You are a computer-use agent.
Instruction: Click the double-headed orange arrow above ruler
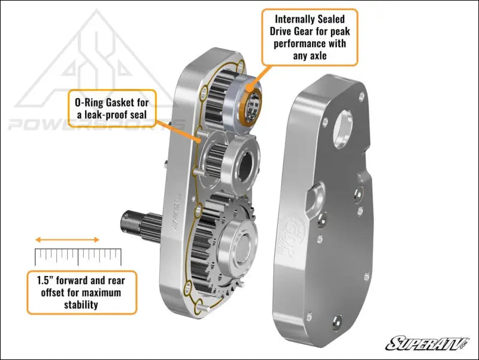pyautogui.click(x=68, y=240)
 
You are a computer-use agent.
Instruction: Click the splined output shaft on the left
pyautogui.click(x=142, y=221)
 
